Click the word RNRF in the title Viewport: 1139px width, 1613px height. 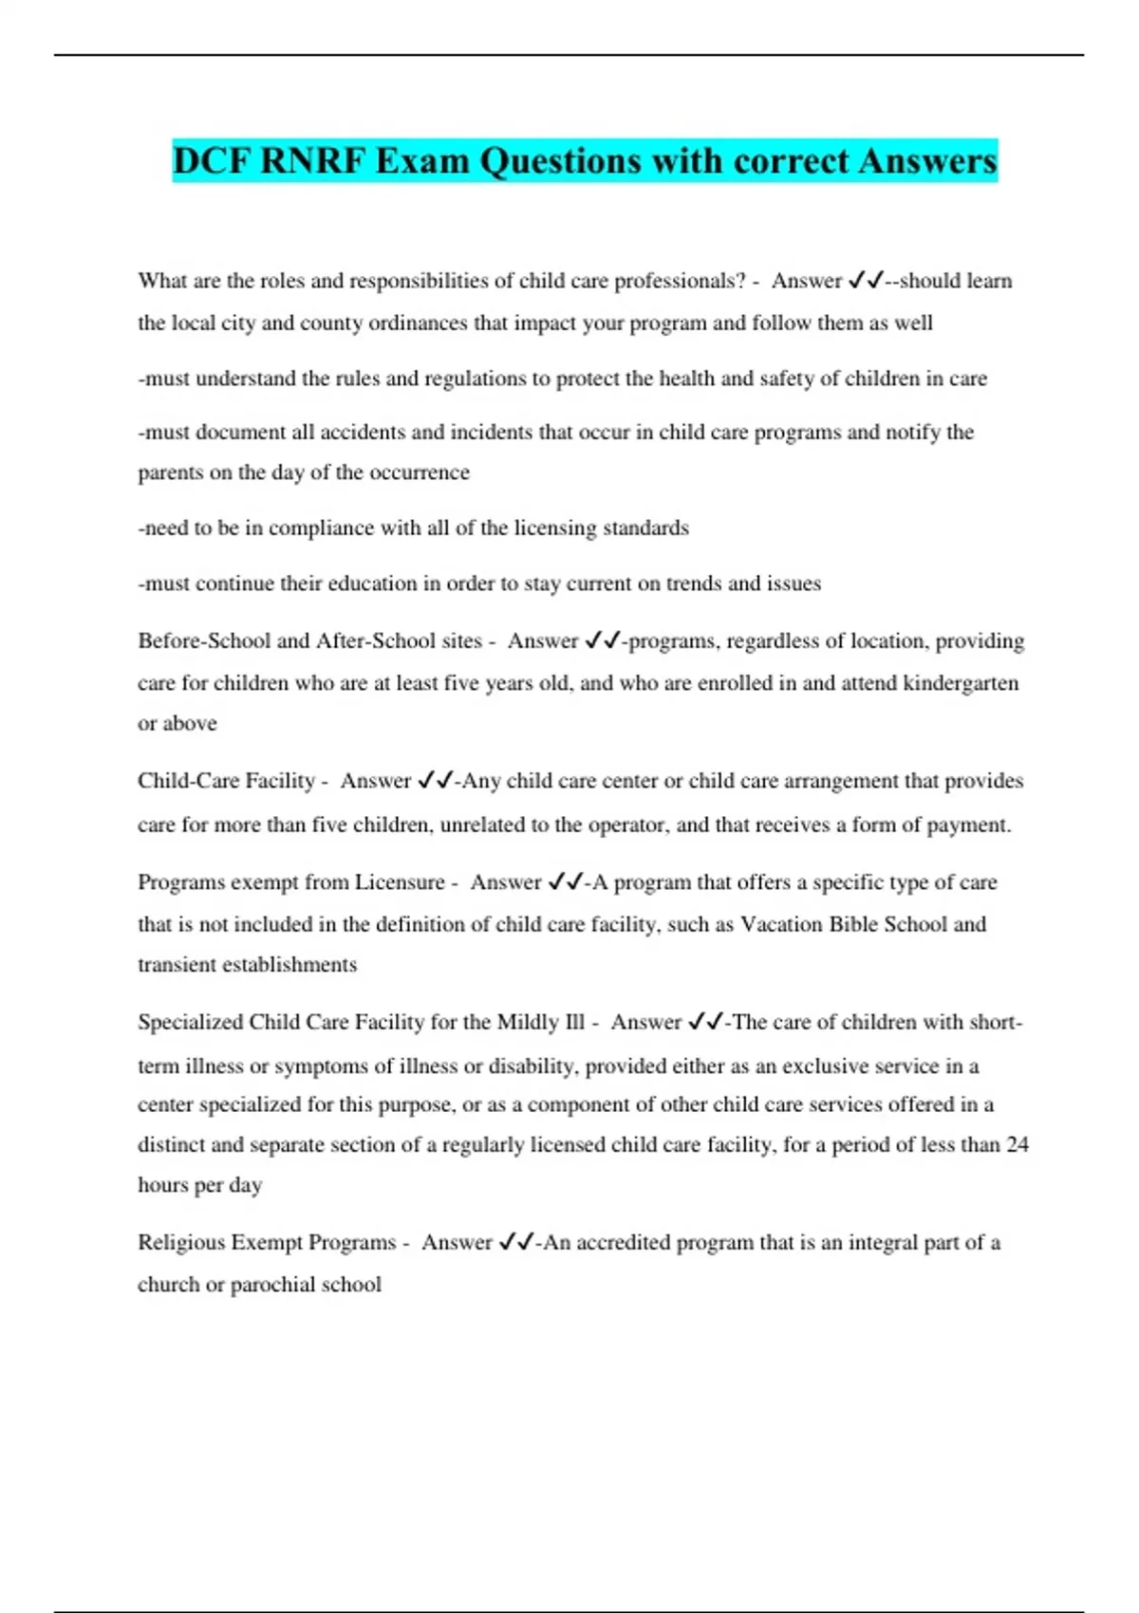tap(312, 161)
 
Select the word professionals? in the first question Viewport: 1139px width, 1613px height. tap(680, 281)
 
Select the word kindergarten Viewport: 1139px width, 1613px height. tap(961, 683)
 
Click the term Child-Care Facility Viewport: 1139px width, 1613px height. tap(226, 781)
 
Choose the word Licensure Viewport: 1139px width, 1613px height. tap(400, 882)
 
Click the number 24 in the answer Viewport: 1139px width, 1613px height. tap(1017, 1145)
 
